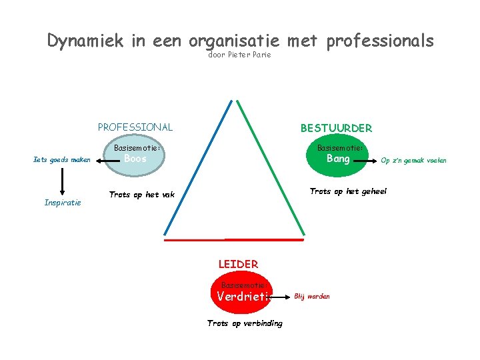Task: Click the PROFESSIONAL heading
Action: pos(135,127)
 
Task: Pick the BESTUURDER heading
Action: pos(336,127)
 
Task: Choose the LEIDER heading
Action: pos(238,264)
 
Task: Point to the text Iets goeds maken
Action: pos(62,159)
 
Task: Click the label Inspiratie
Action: pos(63,202)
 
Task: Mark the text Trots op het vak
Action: pos(141,195)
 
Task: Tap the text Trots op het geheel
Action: pos(348,191)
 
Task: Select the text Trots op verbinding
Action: pos(245,323)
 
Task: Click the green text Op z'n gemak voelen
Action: pos(413,160)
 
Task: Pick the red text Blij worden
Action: pos(312,296)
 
